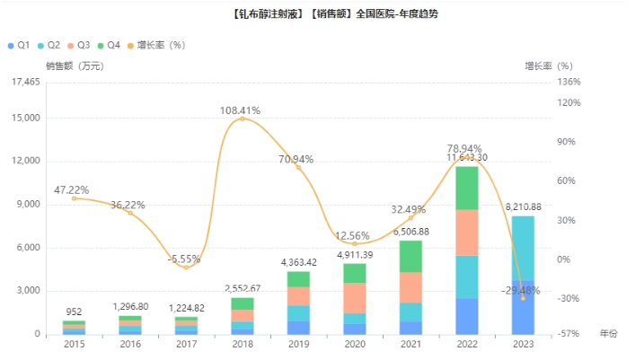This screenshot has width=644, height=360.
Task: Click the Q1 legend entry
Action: coord(19,45)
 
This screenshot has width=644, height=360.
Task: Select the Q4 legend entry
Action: coord(109,45)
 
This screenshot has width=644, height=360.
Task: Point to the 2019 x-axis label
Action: coord(298,344)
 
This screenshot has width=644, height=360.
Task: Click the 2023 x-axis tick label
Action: coord(523,344)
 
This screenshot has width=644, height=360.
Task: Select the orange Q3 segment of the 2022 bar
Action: coord(467,233)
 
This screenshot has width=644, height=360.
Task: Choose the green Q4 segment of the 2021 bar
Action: coord(410,256)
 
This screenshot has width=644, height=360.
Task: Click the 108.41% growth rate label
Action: coord(240,110)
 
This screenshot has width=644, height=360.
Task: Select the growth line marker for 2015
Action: coord(74,198)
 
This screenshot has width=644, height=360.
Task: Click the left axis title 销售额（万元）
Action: coord(74,66)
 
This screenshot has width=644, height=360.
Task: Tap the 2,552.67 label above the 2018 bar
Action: coord(243,288)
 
